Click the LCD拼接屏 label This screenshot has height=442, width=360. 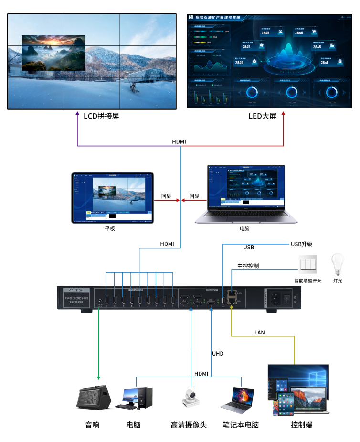(x=101, y=116)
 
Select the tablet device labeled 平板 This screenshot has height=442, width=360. (x=113, y=198)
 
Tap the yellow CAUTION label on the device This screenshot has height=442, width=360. (x=76, y=291)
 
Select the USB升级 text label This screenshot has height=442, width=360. (x=301, y=244)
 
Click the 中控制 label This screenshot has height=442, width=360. (x=248, y=266)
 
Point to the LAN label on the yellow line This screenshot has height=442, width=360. (x=260, y=332)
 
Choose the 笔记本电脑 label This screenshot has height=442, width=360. (x=241, y=425)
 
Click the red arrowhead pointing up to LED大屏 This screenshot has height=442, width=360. (x=284, y=115)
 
